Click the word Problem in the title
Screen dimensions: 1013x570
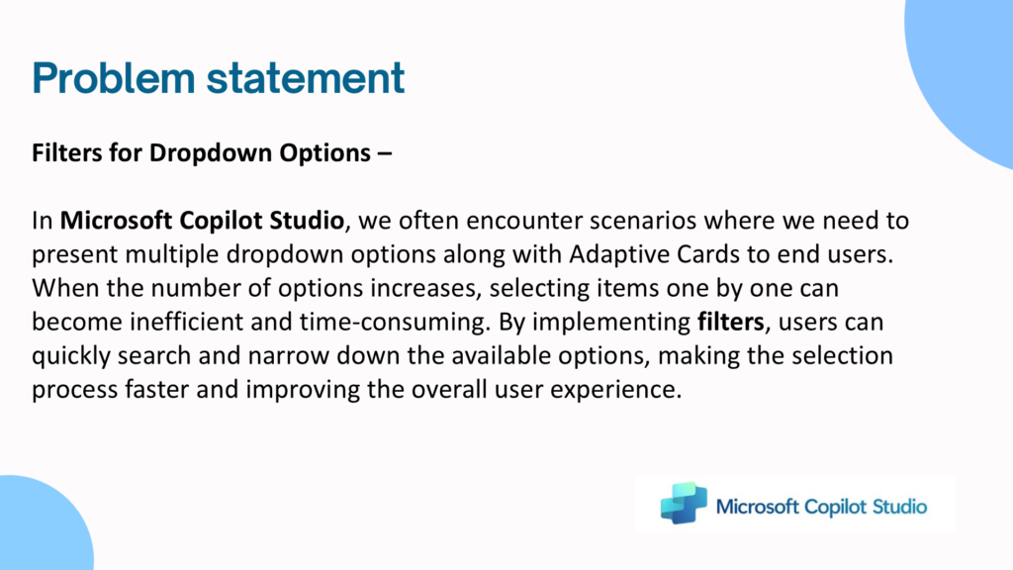coord(113,78)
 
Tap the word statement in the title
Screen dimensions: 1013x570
coord(306,78)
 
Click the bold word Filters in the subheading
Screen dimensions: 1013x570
coord(66,153)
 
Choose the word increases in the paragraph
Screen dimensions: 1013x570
coord(425,289)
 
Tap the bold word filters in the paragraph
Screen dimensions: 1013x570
coord(731,322)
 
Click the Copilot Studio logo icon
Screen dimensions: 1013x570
coord(684,503)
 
